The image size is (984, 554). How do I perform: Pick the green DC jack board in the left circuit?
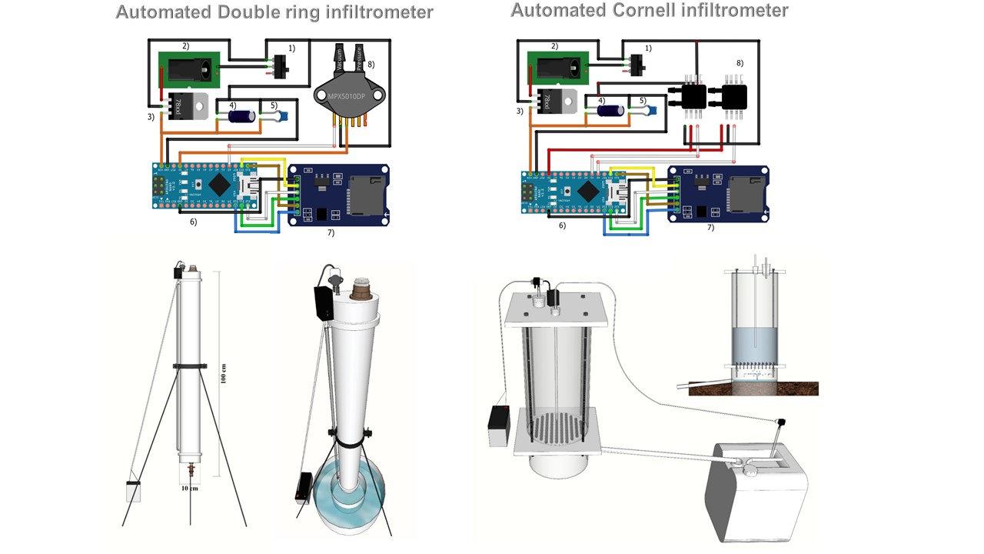coord(189,70)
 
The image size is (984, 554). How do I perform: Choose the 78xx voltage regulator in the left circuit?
coord(186,105)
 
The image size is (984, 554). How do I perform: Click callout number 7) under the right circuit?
coord(710,228)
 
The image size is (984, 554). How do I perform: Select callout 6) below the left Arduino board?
coord(193,222)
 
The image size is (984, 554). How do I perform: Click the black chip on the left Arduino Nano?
coord(221,183)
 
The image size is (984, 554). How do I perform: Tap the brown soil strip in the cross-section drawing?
coord(753,389)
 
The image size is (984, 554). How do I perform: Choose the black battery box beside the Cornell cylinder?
coord(499,426)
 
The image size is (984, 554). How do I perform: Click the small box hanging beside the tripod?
coord(134,491)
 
